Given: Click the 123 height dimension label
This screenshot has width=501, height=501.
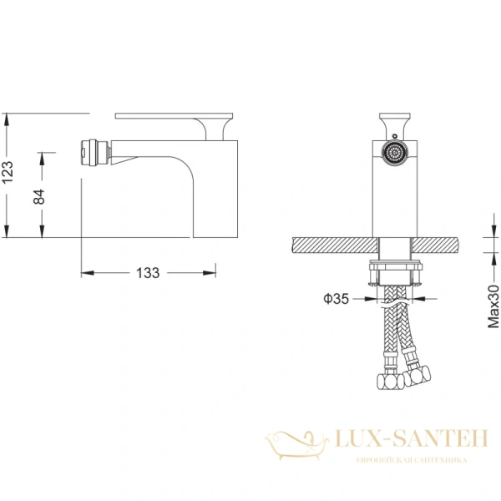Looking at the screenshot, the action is pos(8,172).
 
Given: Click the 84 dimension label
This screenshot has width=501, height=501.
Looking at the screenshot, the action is pos(39,196).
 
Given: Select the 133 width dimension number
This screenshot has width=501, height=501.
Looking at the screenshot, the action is pos(148,273).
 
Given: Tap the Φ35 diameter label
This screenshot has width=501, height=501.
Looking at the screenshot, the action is pos(336,299).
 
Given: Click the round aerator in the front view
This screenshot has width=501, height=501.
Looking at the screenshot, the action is pos(395,153).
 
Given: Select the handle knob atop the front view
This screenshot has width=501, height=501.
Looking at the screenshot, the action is pos(395,123).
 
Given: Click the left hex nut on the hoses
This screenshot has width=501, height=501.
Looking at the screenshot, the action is pos(391,382).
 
